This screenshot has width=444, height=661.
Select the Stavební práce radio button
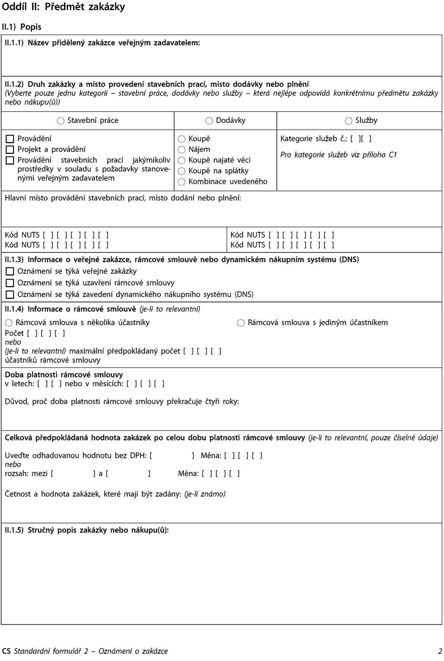[x=61, y=121]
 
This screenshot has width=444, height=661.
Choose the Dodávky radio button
[x=209, y=121]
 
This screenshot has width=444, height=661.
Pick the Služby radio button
[x=348, y=121]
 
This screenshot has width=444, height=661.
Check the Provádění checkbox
[x=10, y=139]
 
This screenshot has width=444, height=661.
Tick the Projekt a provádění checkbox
[x=10, y=149]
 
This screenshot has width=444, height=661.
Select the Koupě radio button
[x=181, y=139]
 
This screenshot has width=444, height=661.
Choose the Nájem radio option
[x=181, y=150]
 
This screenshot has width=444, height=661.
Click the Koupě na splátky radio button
[x=181, y=171]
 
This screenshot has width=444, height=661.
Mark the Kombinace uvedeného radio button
[x=181, y=182]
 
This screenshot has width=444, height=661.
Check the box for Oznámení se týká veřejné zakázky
[x=10, y=271]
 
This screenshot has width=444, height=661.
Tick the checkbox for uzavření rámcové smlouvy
[x=10, y=283]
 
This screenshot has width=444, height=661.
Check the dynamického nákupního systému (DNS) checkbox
[x=10, y=295]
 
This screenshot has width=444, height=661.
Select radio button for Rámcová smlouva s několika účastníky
[x=9, y=323]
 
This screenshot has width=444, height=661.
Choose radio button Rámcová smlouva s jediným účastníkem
[x=241, y=323]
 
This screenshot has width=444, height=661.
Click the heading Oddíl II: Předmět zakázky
[x=63, y=7]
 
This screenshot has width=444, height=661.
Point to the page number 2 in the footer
[x=440, y=651]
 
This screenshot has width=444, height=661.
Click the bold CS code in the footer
[x=6, y=651]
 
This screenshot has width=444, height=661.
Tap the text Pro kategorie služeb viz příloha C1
[x=339, y=155]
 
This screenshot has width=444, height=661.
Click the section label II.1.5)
[x=14, y=530]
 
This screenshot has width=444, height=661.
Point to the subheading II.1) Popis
[x=21, y=27]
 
